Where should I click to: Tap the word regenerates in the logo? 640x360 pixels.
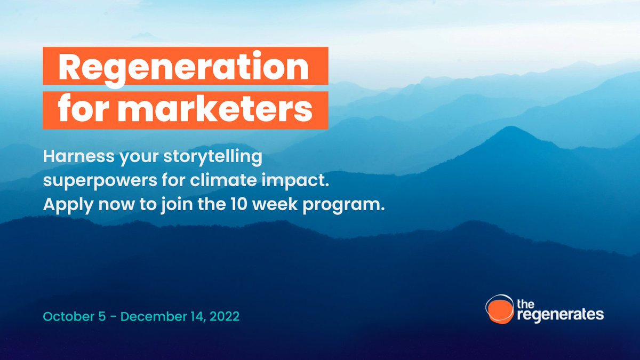coord(560,315)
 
